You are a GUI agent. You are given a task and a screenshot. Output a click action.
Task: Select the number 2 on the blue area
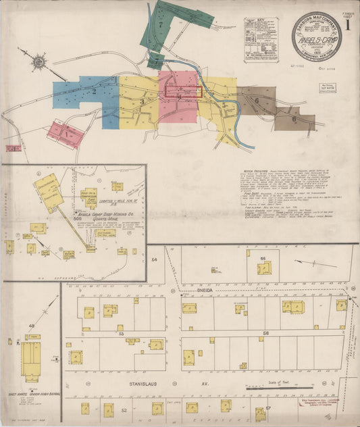coord(95,91)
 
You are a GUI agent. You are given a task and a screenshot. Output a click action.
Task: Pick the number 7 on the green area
coord(161,24)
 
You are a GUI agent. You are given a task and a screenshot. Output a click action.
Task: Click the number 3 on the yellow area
coord(142,102)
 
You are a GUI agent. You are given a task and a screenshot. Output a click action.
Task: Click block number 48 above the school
coord(31,326)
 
